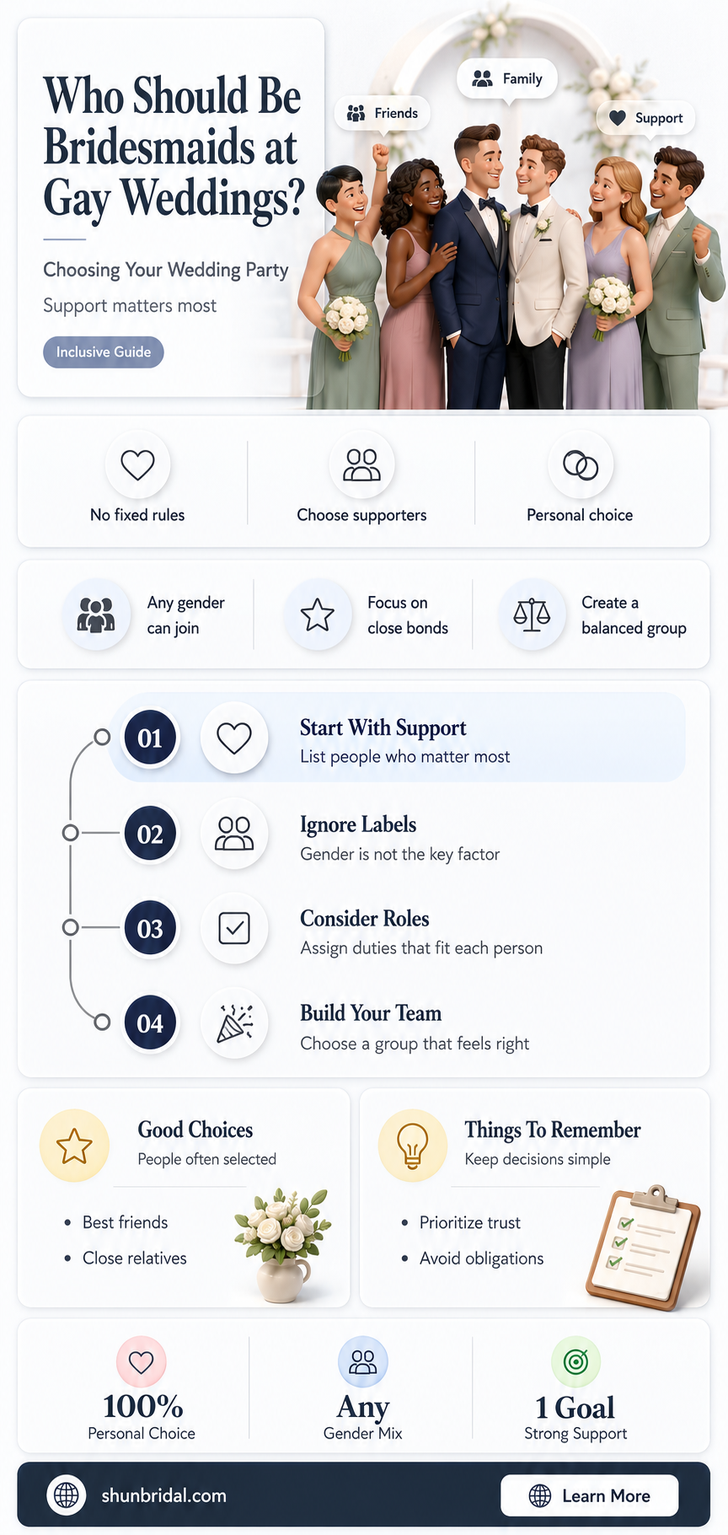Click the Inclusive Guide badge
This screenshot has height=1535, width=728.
tap(104, 352)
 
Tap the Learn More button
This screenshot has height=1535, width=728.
tap(590, 1495)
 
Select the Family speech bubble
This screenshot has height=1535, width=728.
tap(507, 79)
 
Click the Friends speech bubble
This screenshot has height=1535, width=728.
tap(383, 114)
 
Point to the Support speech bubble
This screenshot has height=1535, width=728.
tap(646, 118)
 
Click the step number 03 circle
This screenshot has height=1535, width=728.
tap(150, 928)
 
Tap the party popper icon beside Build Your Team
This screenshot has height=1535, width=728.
tap(234, 1022)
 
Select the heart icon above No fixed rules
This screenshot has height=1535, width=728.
tap(137, 464)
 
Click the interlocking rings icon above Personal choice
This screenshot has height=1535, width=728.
tap(581, 464)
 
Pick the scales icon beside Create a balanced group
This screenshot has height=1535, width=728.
tap(532, 615)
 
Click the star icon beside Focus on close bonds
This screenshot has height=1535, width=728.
tap(318, 615)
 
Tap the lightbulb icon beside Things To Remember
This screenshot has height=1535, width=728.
tap(412, 1146)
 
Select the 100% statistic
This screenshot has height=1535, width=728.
tap(142, 1406)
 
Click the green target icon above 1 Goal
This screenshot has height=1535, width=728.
tap(575, 1361)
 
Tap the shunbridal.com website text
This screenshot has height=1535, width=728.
tap(163, 1495)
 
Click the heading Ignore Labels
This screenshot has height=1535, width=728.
tap(358, 824)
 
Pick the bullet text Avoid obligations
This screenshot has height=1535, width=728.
tap(481, 1259)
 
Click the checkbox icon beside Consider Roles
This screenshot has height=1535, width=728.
tap(234, 928)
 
